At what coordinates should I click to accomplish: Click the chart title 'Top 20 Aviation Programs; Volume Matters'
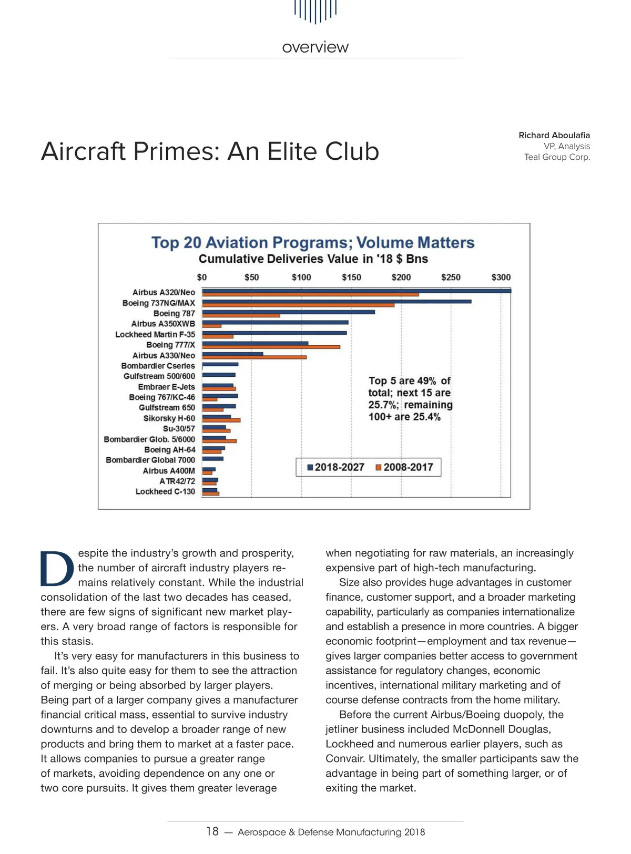point(313,243)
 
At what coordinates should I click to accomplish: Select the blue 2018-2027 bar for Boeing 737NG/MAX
point(337,301)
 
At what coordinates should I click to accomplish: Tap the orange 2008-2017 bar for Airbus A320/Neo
point(310,294)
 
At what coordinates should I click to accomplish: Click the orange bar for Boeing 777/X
point(271,347)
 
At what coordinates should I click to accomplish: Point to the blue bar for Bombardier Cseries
point(220,364)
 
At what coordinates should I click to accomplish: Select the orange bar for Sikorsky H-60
point(221,420)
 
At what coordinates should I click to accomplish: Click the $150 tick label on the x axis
point(351,277)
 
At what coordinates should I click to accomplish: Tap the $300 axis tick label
point(501,277)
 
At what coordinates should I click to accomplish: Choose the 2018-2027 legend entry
point(336,467)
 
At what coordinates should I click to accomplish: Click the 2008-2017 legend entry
point(405,467)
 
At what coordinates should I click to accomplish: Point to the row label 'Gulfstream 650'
point(167,408)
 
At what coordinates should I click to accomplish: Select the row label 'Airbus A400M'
point(169,471)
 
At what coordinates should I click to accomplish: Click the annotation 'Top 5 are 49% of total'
point(409,386)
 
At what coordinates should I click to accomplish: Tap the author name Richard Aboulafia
point(554,135)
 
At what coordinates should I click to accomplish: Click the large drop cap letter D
point(57,568)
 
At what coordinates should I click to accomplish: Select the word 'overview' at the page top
point(315,47)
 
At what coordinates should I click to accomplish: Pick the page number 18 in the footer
point(212,831)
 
